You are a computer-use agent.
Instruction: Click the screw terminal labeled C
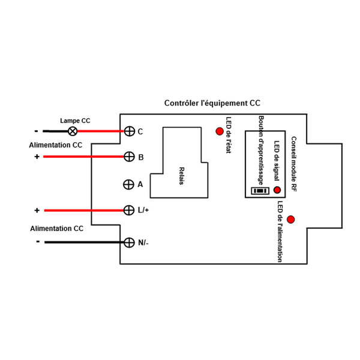(x=129, y=131)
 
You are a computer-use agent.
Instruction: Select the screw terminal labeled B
(x=129, y=157)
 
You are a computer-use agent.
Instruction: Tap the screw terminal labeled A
(x=128, y=184)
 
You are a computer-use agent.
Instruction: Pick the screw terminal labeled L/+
(x=129, y=210)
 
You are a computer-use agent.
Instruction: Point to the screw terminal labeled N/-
(x=129, y=242)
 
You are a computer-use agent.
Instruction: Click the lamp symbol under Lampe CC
(x=73, y=131)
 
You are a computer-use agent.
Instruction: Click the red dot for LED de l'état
(x=220, y=131)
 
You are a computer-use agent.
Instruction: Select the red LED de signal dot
(x=277, y=190)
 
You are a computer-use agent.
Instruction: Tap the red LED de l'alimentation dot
(x=290, y=220)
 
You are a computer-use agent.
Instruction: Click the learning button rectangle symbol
(x=260, y=191)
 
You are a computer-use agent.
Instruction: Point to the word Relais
(x=181, y=176)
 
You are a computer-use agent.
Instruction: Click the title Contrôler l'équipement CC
(x=212, y=103)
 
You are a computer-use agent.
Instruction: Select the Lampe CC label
(x=75, y=121)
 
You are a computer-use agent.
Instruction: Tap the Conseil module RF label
(x=293, y=164)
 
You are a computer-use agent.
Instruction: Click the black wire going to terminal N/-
(x=84, y=242)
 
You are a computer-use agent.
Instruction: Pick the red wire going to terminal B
(x=83, y=157)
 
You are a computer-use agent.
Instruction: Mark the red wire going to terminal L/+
(x=84, y=211)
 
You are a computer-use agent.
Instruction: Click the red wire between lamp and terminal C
(x=101, y=131)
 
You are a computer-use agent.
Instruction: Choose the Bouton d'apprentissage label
(x=261, y=151)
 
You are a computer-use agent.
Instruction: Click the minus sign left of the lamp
(x=36, y=131)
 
